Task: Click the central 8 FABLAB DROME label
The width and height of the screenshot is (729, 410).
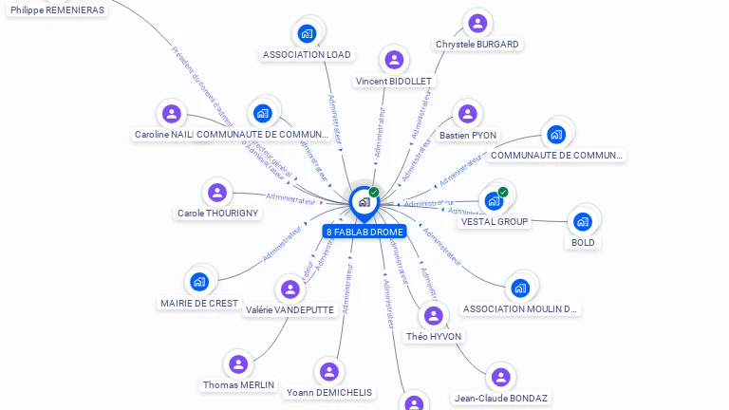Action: [364, 232]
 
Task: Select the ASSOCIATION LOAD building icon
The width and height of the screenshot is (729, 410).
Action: [307, 34]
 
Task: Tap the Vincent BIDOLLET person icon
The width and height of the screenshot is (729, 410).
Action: [394, 61]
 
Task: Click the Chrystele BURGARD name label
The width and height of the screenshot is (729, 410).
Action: [477, 44]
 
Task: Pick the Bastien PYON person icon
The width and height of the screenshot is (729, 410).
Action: [467, 115]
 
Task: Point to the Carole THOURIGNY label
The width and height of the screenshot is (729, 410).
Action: [217, 213]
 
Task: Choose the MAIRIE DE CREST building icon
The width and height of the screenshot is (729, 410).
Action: [199, 282]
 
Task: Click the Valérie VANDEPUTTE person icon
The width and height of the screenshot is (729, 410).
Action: [290, 289]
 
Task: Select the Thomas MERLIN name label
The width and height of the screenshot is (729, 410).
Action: [238, 384]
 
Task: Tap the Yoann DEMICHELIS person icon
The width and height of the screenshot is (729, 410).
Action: [328, 372]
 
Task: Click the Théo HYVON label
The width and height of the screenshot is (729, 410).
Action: [434, 336]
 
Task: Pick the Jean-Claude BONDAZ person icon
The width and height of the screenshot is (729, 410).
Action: [500, 377]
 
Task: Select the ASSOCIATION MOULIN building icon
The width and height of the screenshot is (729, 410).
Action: [519, 288]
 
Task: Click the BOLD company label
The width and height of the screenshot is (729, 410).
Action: [583, 242]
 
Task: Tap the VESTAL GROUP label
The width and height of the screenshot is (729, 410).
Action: [495, 221]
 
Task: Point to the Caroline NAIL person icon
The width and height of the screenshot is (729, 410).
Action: [171, 114]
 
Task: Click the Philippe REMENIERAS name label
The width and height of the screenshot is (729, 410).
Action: [58, 9]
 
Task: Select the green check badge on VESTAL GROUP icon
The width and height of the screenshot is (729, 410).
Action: [503, 192]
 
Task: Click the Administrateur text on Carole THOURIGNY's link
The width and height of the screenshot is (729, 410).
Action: [290, 198]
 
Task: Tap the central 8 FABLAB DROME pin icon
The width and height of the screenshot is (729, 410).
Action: [364, 202]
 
